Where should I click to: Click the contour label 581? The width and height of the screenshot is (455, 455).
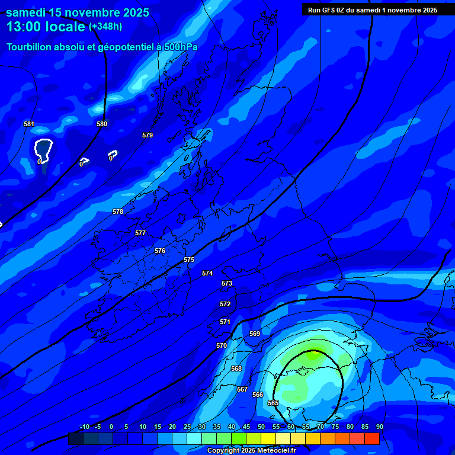pyautogui.click(x=29, y=124)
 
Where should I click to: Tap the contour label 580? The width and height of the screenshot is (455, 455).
pyautogui.click(x=102, y=124)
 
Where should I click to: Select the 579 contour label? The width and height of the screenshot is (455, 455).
pyautogui.click(x=148, y=135)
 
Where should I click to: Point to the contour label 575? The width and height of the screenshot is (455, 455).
pyautogui.click(x=189, y=259)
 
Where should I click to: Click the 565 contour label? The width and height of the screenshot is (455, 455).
pyautogui.click(x=273, y=403)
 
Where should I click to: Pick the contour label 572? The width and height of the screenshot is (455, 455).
pyautogui.click(x=225, y=304)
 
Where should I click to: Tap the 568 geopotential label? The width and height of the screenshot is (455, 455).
pyautogui.click(x=236, y=369)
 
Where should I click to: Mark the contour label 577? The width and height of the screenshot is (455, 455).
pyautogui.click(x=140, y=233)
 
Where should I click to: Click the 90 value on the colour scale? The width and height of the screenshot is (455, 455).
pyautogui.click(x=379, y=427)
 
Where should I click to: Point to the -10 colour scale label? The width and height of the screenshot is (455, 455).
pyautogui.click(x=85, y=427)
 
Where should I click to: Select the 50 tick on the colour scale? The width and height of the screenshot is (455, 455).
pyautogui.click(x=261, y=427)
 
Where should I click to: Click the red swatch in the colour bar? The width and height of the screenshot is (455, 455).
pyautogui.click(x=372, y=438)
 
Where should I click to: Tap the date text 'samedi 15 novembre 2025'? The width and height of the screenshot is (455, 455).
pyautogui.click(x=77, y=12)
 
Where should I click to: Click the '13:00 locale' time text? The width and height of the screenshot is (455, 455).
pyautogui.click(x=45, y=27)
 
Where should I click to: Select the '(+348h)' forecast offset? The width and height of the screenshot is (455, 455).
pyautogui.click(x=105, y=27)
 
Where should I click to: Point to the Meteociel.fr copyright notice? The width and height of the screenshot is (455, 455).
pyautogui.click(x=251, y=450)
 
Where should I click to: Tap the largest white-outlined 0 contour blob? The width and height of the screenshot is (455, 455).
pyautogui.click(x=43, y=149)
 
